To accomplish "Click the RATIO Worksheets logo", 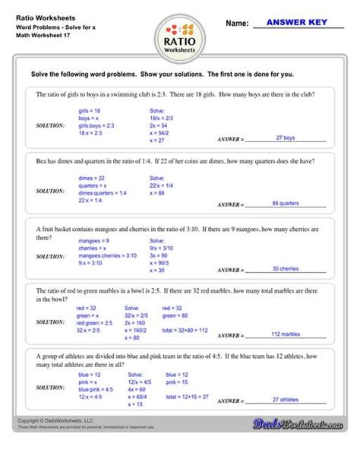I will [x=179, y=38].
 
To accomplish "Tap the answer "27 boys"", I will [x=285, y=138].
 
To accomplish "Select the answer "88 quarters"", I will [x=285, y=203].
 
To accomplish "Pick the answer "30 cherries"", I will [x=285, y=268].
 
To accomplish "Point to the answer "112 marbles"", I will [x=285, y=334].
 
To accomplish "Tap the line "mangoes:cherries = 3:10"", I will [x=108, y=255].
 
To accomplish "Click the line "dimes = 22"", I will [x=91, y=176].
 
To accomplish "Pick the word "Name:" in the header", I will [x=237, y=24].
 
